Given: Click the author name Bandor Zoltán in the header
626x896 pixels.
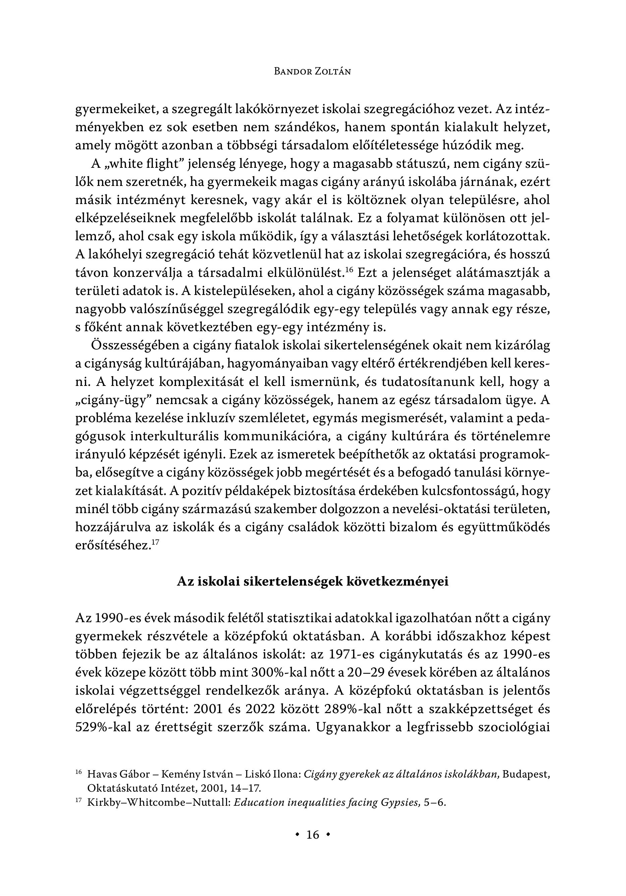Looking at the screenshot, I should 312,71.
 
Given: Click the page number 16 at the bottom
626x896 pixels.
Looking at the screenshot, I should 313,835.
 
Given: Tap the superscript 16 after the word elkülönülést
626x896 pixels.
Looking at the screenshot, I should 349,270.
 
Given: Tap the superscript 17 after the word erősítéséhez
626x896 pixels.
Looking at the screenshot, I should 155,542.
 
